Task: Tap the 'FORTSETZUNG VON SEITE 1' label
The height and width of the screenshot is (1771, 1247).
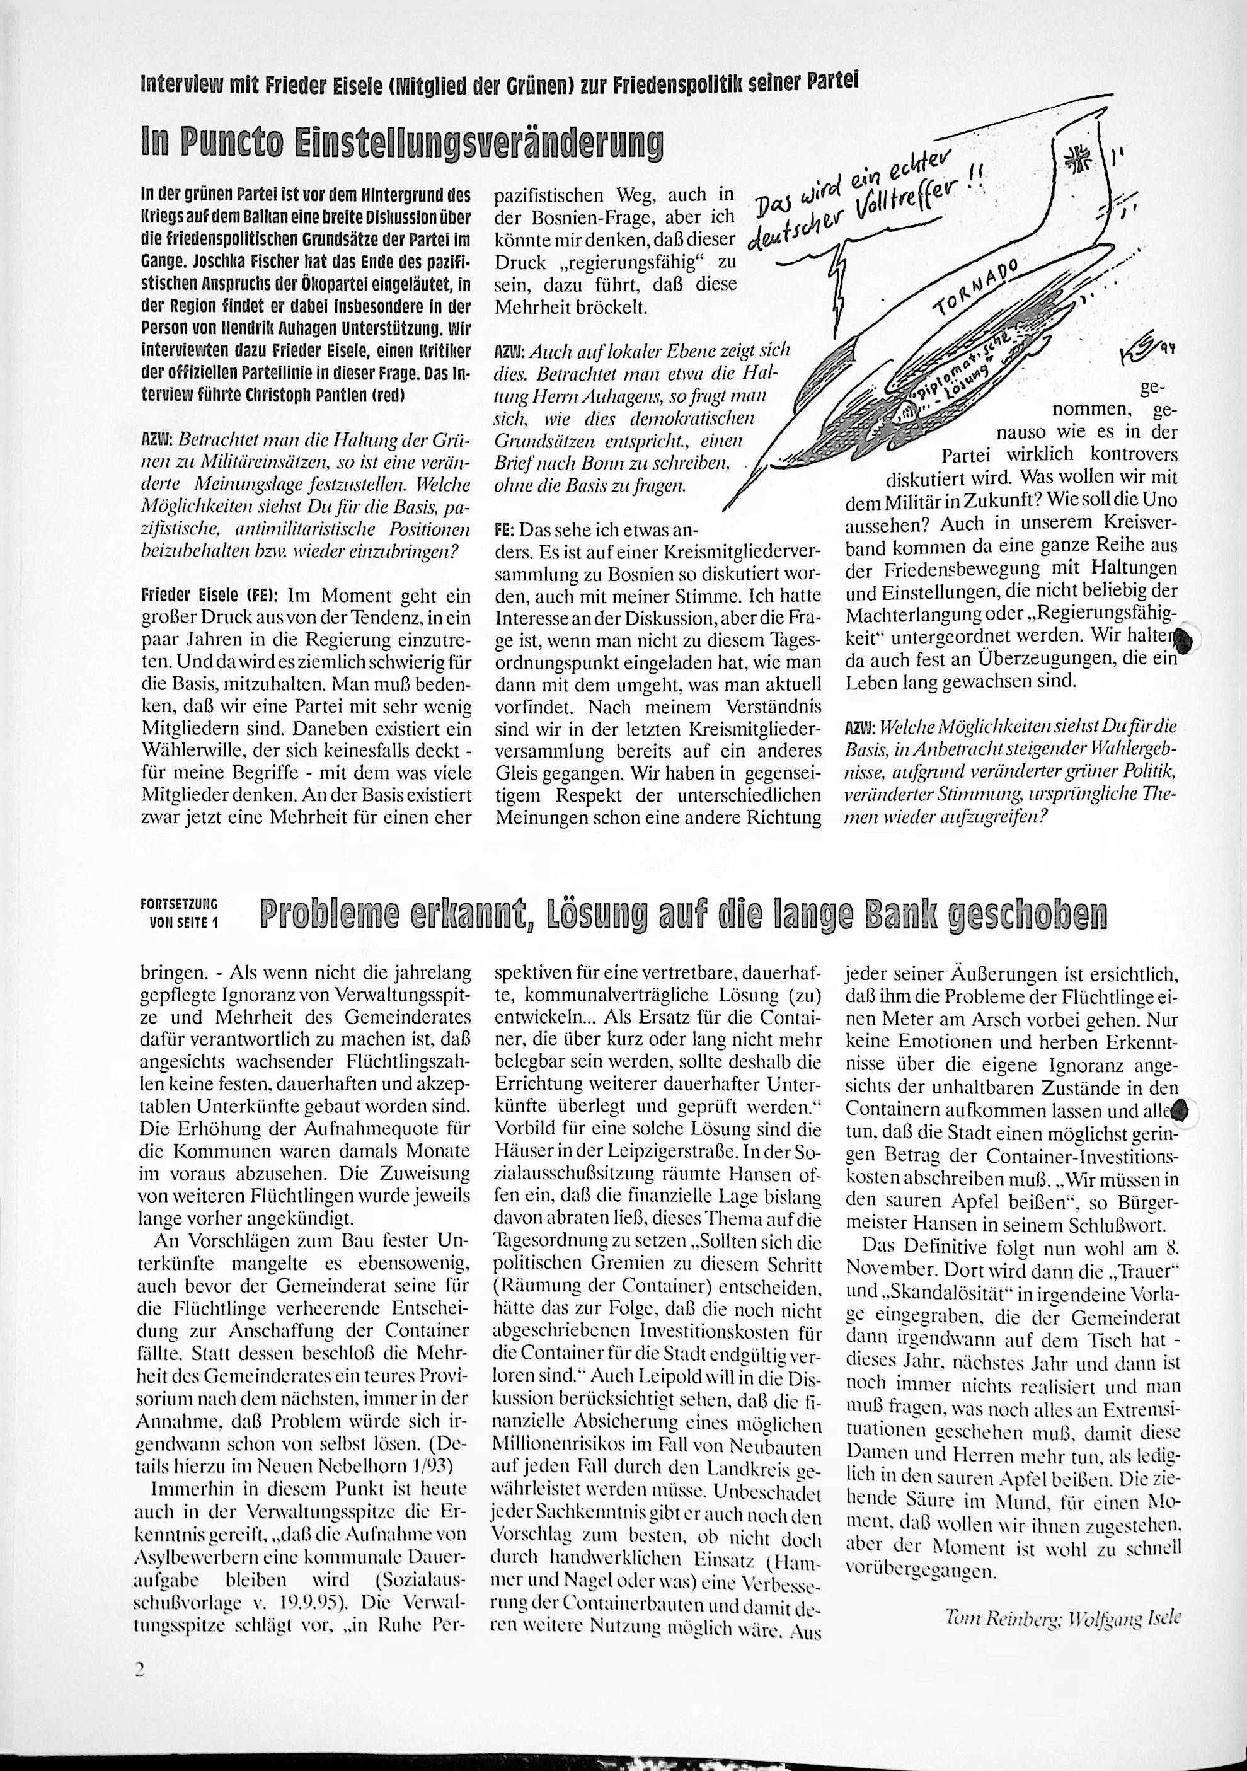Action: [180, 913]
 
